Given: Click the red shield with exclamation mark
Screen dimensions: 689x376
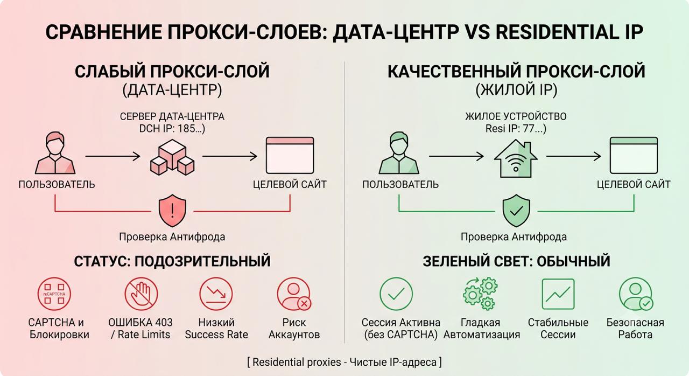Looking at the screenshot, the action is pyautogui.click(x=172, y=211).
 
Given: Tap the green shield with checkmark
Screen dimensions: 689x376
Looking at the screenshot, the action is pyautogui.click(x=516, y=211).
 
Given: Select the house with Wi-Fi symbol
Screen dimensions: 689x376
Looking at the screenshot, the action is pyautogui.click(x=516, y=158).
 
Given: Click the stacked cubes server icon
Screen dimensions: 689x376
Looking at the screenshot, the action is pyautogui.click(x=172, y=157).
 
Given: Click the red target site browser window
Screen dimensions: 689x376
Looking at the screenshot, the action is pyautogui.click(x=290, y=155).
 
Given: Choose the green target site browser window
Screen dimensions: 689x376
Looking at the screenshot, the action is pyautogui.click(x=634, y=155).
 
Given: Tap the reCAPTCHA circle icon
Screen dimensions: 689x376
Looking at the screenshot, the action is pyautogui.click(x=54, y=294).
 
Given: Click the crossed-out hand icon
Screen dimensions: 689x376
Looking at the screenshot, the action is pyautogui.click(x=141, y=294).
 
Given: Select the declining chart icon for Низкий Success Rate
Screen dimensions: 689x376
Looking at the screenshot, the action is pyautogui.click(x=216, y=294).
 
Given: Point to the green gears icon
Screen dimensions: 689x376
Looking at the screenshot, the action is pyautogui.click(x=481, y=294).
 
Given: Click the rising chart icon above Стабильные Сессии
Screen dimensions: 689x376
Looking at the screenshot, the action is pyautogui.click(x=558, y=294).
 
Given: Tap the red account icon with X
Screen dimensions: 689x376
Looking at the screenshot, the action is pyautogui.click(x=294, y=294).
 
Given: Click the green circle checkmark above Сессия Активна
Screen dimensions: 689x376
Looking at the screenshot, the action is pyautogui.click(x=396, y=294).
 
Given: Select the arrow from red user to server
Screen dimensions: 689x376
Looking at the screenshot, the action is pyautogui.click(x=113, y=156).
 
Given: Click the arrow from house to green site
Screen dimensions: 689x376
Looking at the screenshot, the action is pyautogui.click(x=574, y=156).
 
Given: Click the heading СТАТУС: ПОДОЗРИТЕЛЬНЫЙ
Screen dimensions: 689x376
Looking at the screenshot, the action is pyautogui.click(x=172, y=261).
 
